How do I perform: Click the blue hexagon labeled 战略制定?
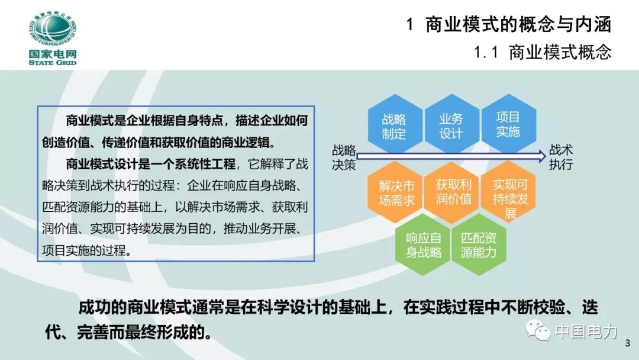(x=395, y=126)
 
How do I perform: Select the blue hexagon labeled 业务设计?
(x=451, y=126)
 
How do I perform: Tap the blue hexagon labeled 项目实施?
(x=508, y=124)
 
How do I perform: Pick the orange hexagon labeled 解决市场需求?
(x=396, y=192)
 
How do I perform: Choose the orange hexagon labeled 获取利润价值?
(x=453, y=192)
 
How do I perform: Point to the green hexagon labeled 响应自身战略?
(x=424, y=245)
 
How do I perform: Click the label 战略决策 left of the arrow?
(x=344, y=157)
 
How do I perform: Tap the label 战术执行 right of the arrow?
(x=561, y=157)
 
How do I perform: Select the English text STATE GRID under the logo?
(x=52, y=62)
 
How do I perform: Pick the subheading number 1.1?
(x=488, y=53)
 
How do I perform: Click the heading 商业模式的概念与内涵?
(x=518, y=25)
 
